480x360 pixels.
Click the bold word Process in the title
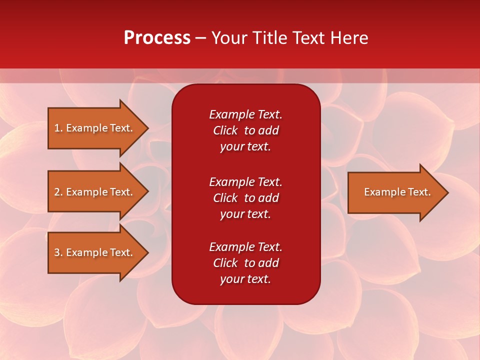tap(157, 38)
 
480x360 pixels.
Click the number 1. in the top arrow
tap(58, 128)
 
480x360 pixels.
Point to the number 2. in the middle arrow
tap(58, 192)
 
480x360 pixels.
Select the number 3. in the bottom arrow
tap(58, 252)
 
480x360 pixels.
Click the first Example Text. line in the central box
tap(245, 114)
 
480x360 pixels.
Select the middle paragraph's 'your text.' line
tap(245, 214)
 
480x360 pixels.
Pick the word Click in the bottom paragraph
tap(225, 263)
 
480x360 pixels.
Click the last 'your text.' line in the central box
tap(245, 279)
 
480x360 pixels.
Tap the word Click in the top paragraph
tap(225, 130)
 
